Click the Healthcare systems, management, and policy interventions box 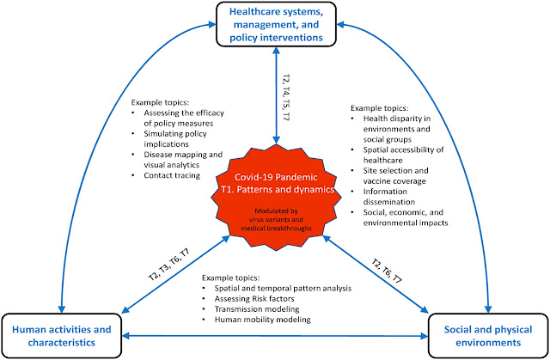[273, 26]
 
